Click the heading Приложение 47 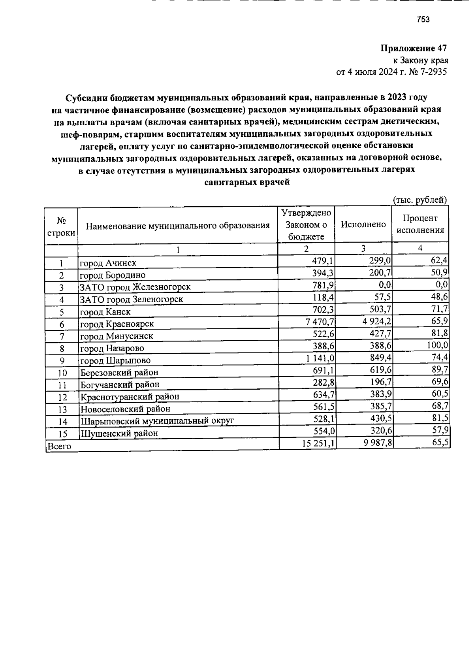click(x=414, y=49)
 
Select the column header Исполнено click(x=363, y=224)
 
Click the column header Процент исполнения click(x=420, y=224)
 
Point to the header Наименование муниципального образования click(x=178, y=226)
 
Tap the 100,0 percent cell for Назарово click(x=437, y=346)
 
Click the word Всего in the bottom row click(x=59, y=447)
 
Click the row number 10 click(x=62, y=373)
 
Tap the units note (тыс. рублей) click(x=419, y=200)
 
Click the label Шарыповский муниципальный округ click(x=157, y=421)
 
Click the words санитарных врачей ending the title click(x=247, y=183)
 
